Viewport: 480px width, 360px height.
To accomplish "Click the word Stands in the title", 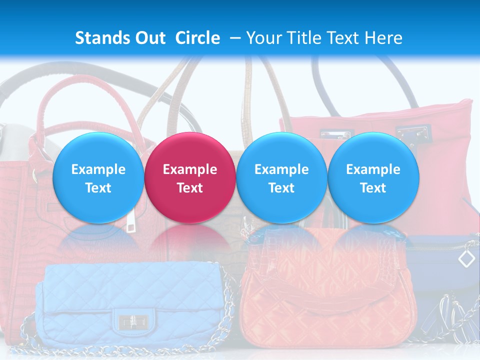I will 103,38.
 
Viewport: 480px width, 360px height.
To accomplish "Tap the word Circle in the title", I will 197,38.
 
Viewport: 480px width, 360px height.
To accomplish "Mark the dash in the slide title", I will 234,38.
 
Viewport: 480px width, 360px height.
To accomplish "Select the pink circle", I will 189,177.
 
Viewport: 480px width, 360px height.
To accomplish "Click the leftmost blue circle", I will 98,177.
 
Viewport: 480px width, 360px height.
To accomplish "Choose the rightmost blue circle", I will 373,177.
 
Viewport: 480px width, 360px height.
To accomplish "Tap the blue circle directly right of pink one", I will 281,177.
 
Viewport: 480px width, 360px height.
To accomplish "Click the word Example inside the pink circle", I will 189,169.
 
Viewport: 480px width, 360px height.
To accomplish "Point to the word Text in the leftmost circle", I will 98,188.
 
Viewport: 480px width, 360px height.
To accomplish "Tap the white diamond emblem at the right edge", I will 466,258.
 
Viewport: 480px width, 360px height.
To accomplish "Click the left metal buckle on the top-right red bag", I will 335,134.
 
